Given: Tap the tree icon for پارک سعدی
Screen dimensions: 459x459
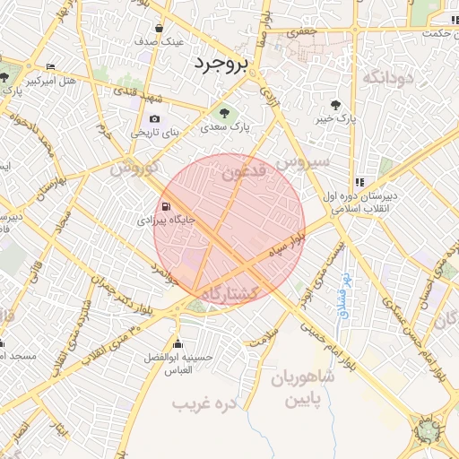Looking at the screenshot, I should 224,113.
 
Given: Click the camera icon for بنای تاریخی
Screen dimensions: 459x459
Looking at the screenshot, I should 155,119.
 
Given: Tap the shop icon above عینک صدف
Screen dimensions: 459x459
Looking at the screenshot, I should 160,28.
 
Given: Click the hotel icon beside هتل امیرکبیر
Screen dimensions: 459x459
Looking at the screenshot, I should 50,67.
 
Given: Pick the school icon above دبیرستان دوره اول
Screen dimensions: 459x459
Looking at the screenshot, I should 359,181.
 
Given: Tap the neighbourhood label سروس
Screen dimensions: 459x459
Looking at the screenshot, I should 303,162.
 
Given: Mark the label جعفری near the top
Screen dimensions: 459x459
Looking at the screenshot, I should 302,31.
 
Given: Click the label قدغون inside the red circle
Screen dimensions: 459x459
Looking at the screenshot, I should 243,170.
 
